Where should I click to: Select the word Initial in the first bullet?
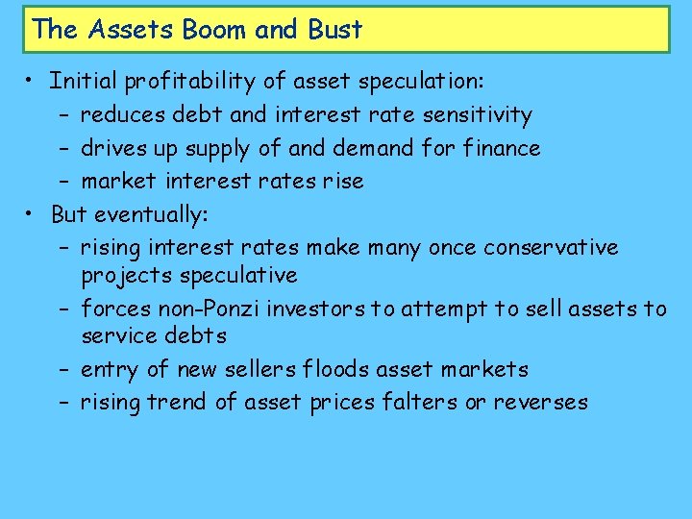pyautogui.click(x=81, y=81)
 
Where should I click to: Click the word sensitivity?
pyautogui.click(x=476, y=114)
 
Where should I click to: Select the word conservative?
pyautogui.click(x=551, y=247)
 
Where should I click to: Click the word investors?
pyautogui.click(x=314, y=309)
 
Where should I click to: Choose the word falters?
pyautogui.click(x=423, y=402)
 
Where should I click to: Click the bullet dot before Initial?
pyautogui.click(x=32, y=82)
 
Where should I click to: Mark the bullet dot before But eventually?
pyautogui.click(x=32, y=213)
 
